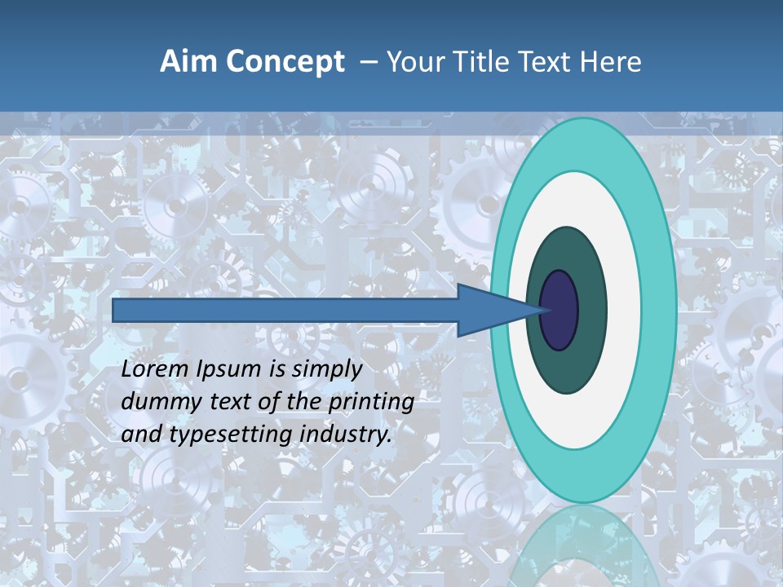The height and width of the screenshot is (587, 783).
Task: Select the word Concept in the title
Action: [285, 62]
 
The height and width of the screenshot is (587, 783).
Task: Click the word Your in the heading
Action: [414, 62]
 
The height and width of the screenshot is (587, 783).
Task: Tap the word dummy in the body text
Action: [155, 402]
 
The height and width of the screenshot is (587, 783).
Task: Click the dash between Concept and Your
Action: [369, 62]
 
